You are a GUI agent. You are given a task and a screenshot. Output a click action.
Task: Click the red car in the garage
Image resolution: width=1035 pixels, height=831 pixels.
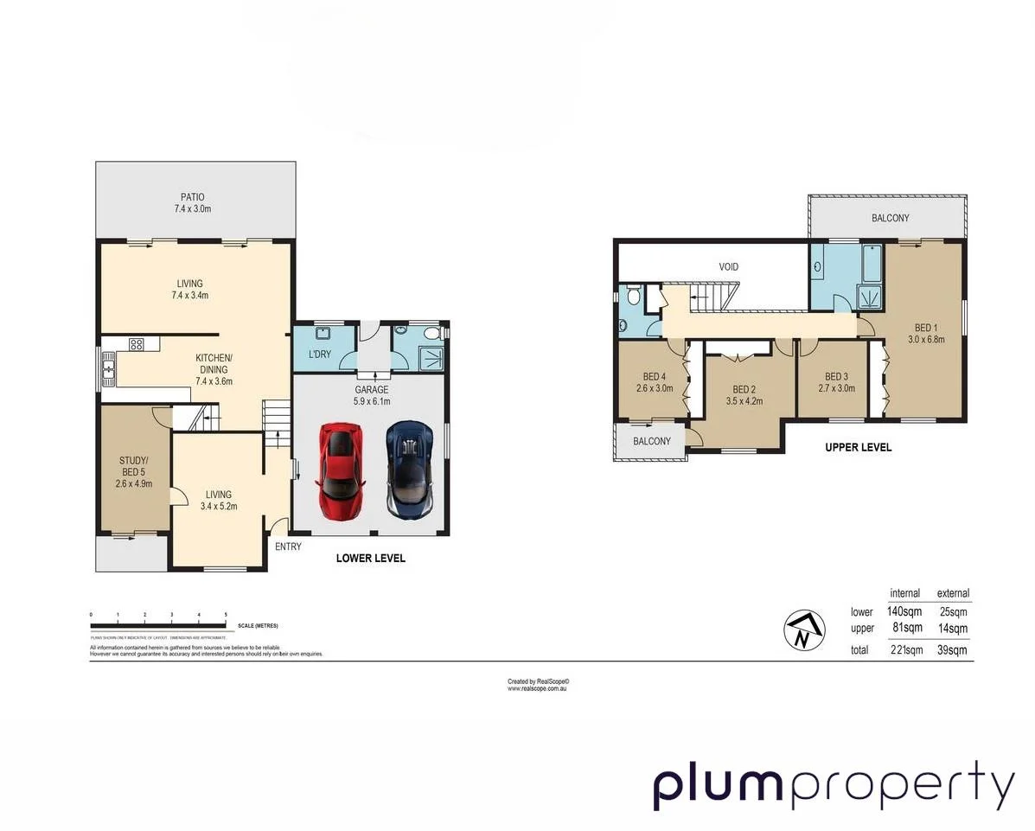(x=342, y=471)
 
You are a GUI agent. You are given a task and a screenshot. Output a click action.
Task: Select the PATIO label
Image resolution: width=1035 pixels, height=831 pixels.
(x=192, y=197)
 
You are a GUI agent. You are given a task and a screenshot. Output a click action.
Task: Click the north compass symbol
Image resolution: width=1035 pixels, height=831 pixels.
(x=802, y=631)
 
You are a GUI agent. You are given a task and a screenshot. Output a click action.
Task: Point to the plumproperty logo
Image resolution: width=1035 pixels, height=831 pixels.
(x=833, y=786)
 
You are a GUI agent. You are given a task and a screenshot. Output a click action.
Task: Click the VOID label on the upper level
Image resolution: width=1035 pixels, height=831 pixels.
(x=728, y=267)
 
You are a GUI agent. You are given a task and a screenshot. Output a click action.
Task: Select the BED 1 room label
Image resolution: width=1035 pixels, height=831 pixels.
(x=924, y=328)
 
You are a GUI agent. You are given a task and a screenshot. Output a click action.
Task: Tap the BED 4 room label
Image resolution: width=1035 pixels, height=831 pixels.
(x=654, y=377)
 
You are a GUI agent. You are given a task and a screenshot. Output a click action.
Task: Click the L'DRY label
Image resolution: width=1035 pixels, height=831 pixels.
(x=319, y=355)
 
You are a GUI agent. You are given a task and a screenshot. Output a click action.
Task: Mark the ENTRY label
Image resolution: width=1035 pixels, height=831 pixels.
(x=288, y=547)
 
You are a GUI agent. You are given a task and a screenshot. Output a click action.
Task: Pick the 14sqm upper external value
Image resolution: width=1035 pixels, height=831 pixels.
(x=953, y=629)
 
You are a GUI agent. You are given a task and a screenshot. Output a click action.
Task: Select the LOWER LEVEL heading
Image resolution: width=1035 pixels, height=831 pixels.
(x=370, y=559)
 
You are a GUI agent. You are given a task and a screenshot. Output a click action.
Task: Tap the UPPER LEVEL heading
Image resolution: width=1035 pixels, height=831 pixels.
(x=857, y=447)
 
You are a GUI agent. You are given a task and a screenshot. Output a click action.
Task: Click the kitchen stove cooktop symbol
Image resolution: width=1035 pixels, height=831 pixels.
(x=136, y=344)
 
